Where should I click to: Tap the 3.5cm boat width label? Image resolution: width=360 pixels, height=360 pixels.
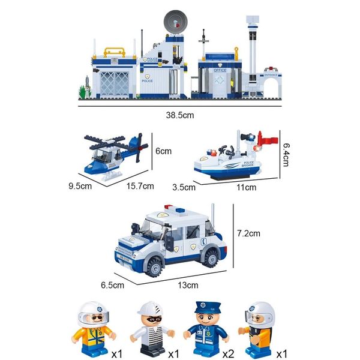pyautogui.click(x=184, y=187)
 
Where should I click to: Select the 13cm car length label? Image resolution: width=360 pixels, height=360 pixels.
pyautogui.click(x=188, y=284)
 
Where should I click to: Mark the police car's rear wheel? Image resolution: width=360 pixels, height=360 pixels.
pyautogui.click(x=211, y=257)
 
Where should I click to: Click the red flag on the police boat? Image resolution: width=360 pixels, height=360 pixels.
pyautogui.click(x=268, y=142)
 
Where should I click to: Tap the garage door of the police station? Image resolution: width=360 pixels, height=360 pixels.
pyautogui.click(x=115, y=80)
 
